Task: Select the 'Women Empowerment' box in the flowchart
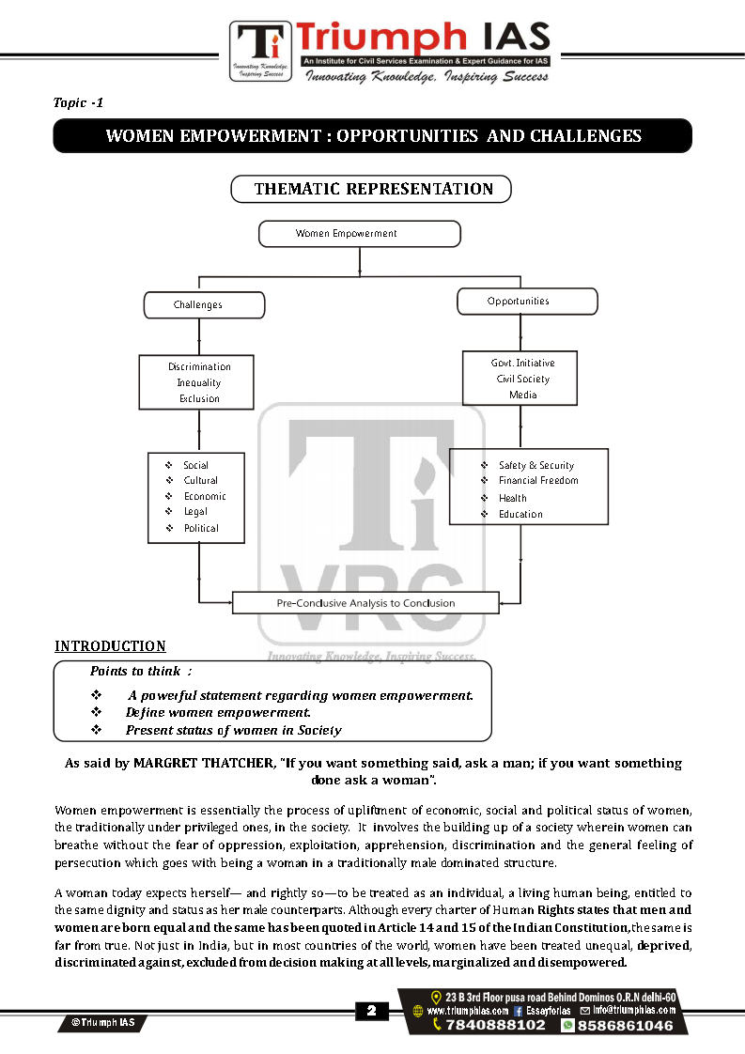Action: (359, 233)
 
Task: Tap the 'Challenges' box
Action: (203, 305)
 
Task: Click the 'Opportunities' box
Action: (527, 302)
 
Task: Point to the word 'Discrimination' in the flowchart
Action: (199, 366)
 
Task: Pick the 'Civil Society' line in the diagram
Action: (523, 379)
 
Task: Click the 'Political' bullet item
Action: (201, 528)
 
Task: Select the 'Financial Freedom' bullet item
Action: (538, 481)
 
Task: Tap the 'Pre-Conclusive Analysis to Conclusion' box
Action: (365, 603)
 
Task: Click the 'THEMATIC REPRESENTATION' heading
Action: (372, 189)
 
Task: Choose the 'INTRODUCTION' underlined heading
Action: (110, 646)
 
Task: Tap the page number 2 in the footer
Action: (371, 1011)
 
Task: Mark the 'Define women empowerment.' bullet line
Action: (218, 712)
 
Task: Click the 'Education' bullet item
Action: (520, 514)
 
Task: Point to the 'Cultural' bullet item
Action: (200, 480)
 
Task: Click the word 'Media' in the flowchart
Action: (523, 395)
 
